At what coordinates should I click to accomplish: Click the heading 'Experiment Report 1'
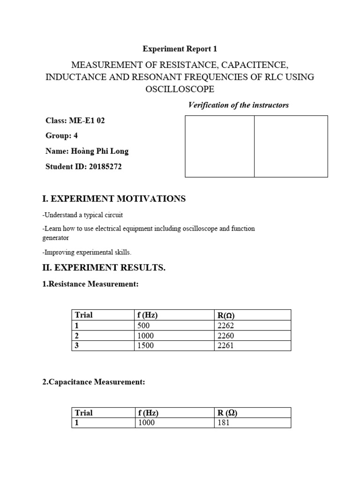click(x=180, y=49)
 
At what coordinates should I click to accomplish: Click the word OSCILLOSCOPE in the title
click(x=180, y=89)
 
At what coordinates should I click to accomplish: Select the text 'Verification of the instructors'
click(x=238, y=105)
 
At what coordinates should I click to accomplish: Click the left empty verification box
click(x=220, y=146)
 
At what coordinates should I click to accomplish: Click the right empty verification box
click(x=291, y=146)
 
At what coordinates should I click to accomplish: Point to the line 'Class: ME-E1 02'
click(x=75, y=120)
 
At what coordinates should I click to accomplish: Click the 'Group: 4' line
click(x=61, y=135)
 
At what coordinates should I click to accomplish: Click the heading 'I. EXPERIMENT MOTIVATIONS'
click(x=114, y=199)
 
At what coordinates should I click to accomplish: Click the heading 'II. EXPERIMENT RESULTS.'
click(x=104, y=268)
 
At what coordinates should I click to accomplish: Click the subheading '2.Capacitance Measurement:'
click(x=94, y=382)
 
